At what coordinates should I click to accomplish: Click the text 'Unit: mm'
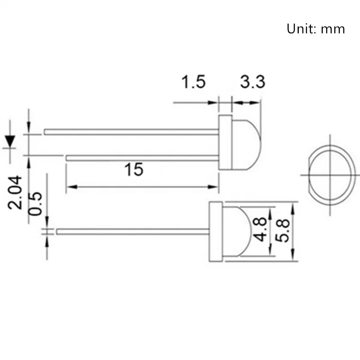316,29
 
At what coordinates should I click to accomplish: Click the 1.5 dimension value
193,82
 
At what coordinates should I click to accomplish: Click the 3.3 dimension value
252,82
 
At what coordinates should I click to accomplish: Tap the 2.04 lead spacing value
17,192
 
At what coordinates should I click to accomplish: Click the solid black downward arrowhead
9,141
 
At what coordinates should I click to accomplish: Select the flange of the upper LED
225,142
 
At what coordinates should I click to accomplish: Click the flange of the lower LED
216,232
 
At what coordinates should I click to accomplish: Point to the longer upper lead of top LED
130,132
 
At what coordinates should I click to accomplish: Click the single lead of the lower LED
133,232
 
